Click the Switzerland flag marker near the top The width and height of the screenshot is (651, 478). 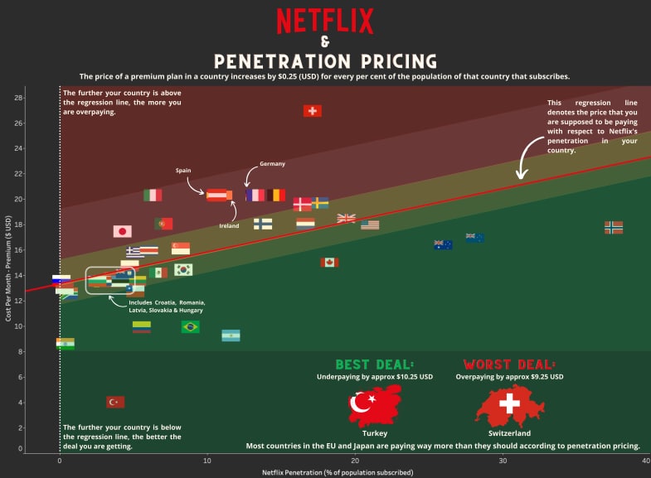click(312, 110)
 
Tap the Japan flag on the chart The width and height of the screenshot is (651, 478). click(123, 231)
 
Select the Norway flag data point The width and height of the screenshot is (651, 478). click(614, 226)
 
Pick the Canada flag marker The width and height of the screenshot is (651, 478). click(330, 262)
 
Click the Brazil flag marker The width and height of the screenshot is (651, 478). click(191, 326)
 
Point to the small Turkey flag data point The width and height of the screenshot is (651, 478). click(115, 402)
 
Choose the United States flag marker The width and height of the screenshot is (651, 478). click(370, 225)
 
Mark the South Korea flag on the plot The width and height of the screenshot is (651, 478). click(183, 269)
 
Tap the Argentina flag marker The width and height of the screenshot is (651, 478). click(231, 336)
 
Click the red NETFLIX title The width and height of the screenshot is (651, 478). click(325, 20)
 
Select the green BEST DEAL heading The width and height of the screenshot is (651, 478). click(374, 365)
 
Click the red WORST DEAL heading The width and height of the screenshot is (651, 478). click(509, 365)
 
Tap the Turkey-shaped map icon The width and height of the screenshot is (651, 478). click(375, 405)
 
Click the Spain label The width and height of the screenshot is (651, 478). click(183, 170)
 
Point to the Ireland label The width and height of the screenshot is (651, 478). click(229, 225)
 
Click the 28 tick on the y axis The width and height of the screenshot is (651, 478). click(18, 98)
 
